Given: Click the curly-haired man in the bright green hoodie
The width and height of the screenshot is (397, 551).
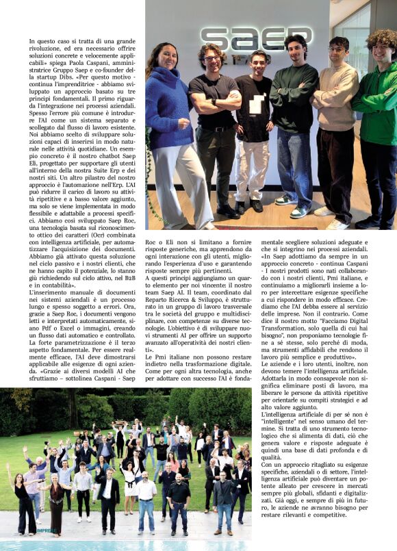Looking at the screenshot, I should pyautogui.click(x=377, y=110).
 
